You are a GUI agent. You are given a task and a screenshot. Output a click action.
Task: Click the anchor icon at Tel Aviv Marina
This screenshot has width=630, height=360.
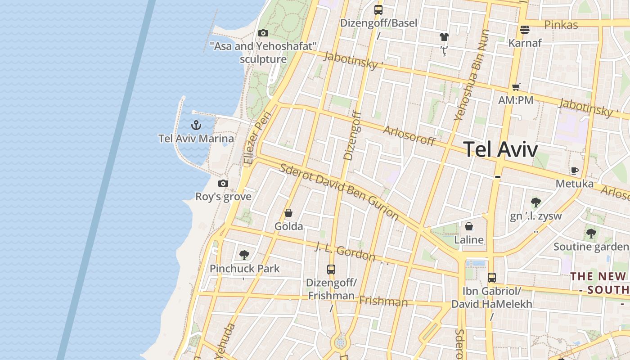click(x=196, y=125)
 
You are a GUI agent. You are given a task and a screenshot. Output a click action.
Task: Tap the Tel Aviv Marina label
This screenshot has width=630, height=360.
click(x=196, y=139)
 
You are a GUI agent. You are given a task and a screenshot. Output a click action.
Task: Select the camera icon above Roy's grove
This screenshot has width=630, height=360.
click(x=223, y=184)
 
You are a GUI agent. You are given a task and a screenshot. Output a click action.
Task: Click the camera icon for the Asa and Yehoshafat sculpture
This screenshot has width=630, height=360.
click(x=263, y=33)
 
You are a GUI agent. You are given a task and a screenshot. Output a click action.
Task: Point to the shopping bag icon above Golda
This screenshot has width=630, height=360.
click(x=288, y=213)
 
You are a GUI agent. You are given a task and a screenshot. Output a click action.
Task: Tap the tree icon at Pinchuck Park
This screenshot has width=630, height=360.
click(x=244, y=255)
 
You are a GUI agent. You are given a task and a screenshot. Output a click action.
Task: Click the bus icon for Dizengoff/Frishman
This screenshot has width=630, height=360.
click(x=331, y=270)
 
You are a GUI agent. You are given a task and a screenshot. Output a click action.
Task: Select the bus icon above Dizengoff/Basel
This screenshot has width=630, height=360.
click(x=378, y=9)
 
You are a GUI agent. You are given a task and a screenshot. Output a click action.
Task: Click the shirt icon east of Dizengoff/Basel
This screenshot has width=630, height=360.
click(x=444, y=37)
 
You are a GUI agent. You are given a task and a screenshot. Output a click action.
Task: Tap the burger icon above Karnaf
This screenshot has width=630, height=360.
click(x=524, y=30)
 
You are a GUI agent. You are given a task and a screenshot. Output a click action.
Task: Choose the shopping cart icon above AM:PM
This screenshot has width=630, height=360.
click(x=516, y=87)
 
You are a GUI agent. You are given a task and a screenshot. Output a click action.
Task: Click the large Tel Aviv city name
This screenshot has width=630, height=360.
click(x=500, y=149)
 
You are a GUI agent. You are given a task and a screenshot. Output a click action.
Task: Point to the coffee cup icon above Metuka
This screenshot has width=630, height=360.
click(x=574, y=171)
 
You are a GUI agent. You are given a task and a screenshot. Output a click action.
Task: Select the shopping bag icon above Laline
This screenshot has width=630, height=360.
click(x=469, y=226)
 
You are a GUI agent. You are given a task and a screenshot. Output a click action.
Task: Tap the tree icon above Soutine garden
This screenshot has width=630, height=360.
click(x=591, y=234)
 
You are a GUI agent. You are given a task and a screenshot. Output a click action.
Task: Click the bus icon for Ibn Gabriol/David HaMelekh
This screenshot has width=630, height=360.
click(x=492, y=278)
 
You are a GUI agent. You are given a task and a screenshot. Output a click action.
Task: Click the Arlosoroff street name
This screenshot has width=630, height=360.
click(x=409, y=136)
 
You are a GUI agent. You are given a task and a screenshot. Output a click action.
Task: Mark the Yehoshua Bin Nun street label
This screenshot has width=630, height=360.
click(x=472, y=76)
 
